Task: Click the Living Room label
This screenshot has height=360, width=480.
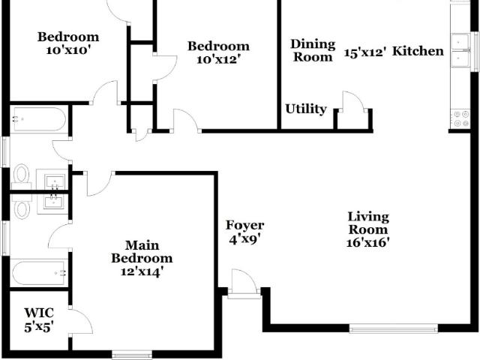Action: pos(368,223)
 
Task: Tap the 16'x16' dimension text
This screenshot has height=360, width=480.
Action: pos(368,242)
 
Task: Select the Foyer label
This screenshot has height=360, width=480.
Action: pos(245,225)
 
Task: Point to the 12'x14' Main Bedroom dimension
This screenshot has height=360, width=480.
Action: pos(140,271)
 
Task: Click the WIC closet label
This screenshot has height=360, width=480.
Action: pos(39,313)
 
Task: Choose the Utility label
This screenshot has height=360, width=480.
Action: pos(306,109)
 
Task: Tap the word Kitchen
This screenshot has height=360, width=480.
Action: pos(418,51)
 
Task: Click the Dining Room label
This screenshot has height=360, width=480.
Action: pos(313,50)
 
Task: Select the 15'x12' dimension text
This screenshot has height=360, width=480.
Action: pos(364,52)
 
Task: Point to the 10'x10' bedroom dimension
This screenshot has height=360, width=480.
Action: pos(69,50)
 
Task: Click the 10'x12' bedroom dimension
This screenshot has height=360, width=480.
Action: pos(217,59)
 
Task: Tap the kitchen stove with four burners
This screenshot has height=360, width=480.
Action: pos(461,118)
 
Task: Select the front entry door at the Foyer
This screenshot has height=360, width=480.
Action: pos(244,283)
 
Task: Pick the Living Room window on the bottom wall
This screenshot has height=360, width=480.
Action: pos(393,328)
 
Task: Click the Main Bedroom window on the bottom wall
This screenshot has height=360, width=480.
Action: pos(132,355)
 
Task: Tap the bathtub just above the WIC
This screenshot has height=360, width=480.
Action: pos(38,273)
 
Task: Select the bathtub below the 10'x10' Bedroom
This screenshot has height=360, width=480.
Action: pos(39,118)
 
